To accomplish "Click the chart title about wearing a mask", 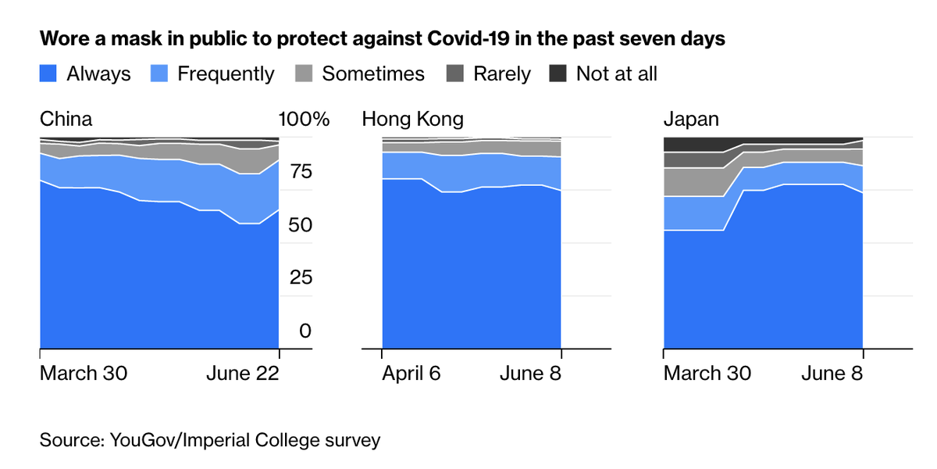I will click(383, 39).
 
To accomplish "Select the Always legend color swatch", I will click(48, 74).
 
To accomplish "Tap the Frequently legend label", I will click(226, 74).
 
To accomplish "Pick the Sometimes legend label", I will click(373, 74).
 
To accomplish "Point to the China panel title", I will click(66, 120).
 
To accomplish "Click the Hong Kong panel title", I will click(412, 120).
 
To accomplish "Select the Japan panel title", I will click(691, 120).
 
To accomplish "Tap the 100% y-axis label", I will click(304, 120).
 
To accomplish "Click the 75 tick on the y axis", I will click(300, 173).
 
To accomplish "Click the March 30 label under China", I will click(84, 374).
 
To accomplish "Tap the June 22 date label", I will click(242, 374).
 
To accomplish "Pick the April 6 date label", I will click(411, 374).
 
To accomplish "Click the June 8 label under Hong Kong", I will click(530, 374).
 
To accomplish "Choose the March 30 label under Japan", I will click(707, 374).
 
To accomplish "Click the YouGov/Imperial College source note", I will click(210, 440).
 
